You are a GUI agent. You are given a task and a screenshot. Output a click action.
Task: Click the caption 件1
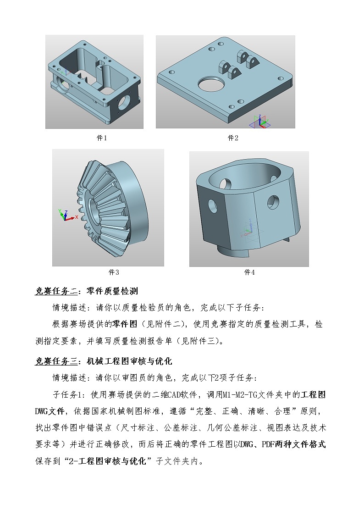coord(101,138)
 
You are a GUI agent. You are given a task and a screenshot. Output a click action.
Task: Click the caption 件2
coord(233,138)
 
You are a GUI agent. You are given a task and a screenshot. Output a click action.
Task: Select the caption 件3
coord(113,272)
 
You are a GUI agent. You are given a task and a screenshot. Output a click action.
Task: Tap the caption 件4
coord(249,272)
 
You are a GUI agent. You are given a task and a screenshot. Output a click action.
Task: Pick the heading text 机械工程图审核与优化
coord(129,361)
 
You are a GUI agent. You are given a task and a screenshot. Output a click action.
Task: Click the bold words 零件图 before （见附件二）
coord(125,324)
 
